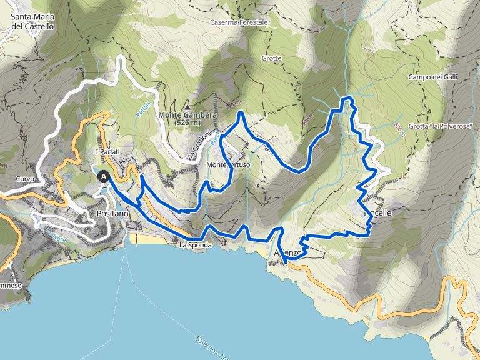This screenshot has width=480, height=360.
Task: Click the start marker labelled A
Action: pos(104,177)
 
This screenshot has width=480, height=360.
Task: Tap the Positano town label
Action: pos(112,214)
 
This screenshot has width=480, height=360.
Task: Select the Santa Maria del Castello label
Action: pos(32,22)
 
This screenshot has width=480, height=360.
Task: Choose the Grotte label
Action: pos(272,59)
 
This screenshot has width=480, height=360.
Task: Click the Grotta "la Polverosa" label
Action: pos(441,126)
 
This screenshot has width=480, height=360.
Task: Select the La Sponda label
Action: pos(196,246)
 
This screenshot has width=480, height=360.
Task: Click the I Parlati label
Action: pos(107,152)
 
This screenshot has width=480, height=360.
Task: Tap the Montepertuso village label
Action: pos(229,165)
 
